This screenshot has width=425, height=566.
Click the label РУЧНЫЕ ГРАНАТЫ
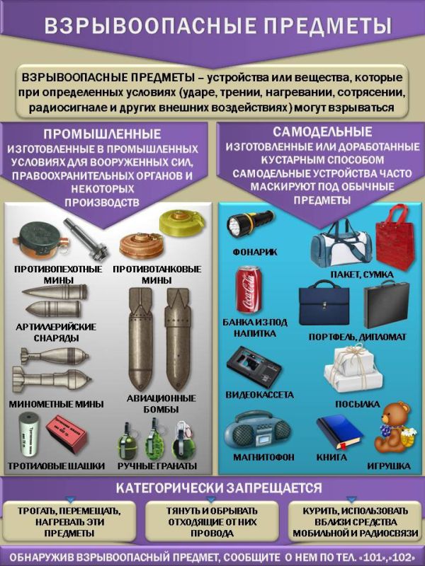pos(157,466)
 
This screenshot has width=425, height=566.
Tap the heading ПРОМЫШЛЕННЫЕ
pos(103,134)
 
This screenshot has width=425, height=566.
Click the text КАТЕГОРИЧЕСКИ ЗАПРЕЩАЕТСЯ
pos(219,488)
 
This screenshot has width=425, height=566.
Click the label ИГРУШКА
pos(388,466)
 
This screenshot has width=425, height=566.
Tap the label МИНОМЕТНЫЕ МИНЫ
pos(57,403)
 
